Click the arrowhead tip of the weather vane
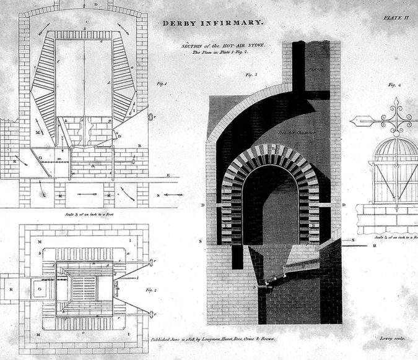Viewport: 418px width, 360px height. pos(354,121)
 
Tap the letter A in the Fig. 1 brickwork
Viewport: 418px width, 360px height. pos(93,166)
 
